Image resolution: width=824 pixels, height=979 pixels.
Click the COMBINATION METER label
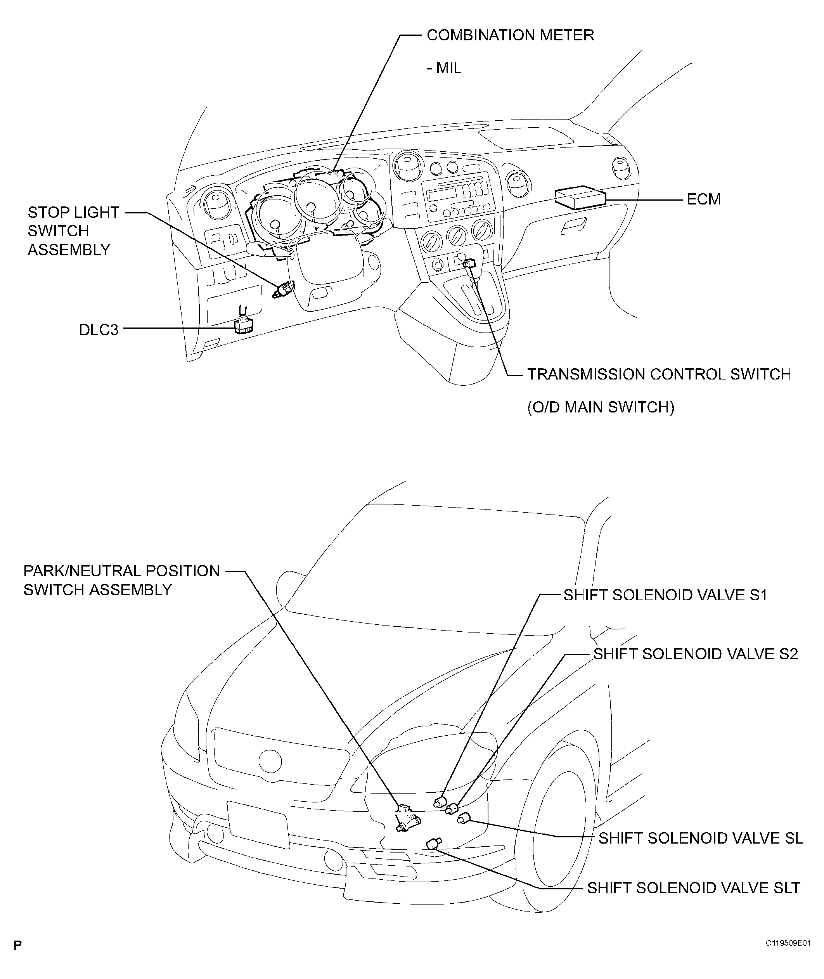point(510,35)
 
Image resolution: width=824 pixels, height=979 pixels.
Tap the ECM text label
point(703,199)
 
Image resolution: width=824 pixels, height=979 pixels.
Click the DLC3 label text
point(99,330)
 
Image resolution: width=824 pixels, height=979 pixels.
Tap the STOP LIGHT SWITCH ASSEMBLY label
point(73,231)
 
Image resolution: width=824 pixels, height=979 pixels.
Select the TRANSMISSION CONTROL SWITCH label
point(659,374)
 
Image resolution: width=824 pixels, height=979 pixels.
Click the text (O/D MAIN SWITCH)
point(601,407)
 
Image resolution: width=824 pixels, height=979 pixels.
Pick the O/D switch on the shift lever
point(469,264)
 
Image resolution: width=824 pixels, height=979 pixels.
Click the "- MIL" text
point(444,68)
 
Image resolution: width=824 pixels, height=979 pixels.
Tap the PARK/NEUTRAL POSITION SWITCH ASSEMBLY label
point(121,580)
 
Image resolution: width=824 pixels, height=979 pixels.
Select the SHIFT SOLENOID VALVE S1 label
point(665,595)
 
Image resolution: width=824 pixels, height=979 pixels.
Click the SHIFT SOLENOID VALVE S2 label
point(696,654)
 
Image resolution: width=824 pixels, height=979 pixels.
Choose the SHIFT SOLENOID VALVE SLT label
point(694,888)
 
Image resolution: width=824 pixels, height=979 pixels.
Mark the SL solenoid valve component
point(463,818)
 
